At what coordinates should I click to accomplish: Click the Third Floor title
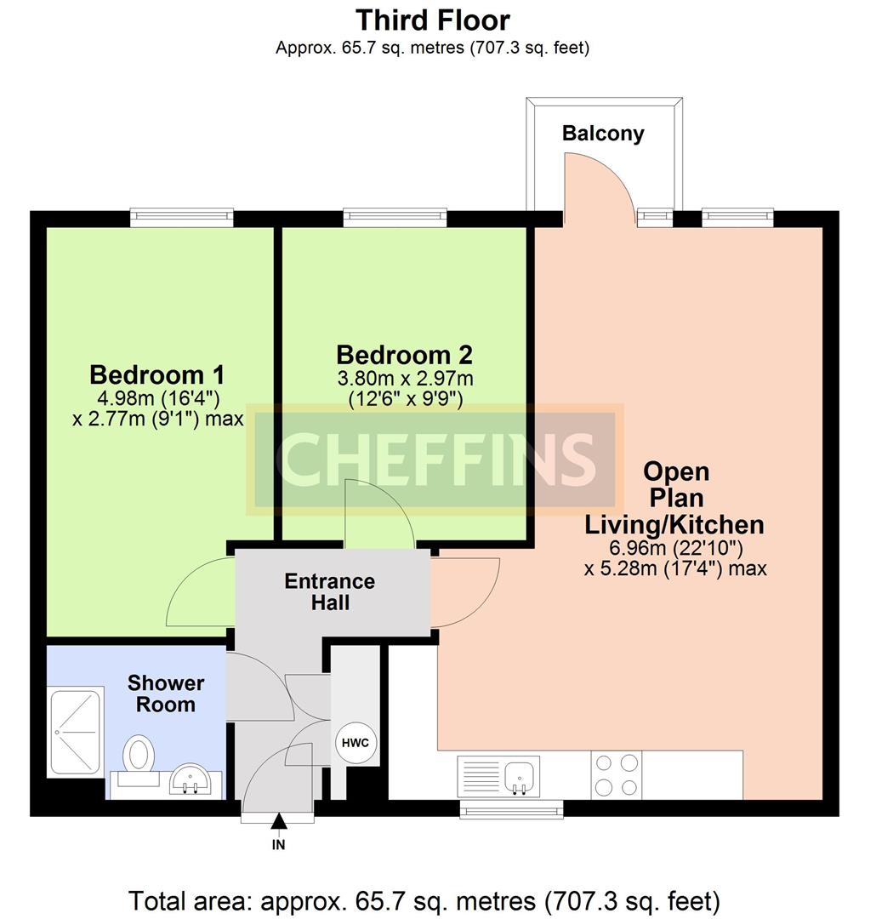[x=432, y=20]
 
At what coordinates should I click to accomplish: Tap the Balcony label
[x=603, y=134]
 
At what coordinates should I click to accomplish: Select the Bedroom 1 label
[x=157, y=374]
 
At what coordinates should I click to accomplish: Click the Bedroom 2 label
[x=404, y=355]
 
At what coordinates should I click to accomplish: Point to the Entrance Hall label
[x=330, y=592]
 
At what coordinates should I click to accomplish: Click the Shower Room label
[x=166, y=694]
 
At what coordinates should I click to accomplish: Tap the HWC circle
[x=356, y=743]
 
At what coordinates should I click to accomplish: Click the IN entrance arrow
[x=279, y=822]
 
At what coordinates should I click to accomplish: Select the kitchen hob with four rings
[x=617, y=775]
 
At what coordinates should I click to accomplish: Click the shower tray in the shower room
[x=76, y=732]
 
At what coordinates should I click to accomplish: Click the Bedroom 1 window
[x=182, y=218]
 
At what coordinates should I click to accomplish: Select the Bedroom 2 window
[x=395, y=218]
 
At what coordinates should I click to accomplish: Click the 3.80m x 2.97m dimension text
[x=405, y=379]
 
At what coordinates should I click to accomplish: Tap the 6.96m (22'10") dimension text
[x=676, y=548]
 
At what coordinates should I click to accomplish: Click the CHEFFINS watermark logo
[x=435, y=460]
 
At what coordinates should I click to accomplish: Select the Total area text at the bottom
[x=424, y=901]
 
